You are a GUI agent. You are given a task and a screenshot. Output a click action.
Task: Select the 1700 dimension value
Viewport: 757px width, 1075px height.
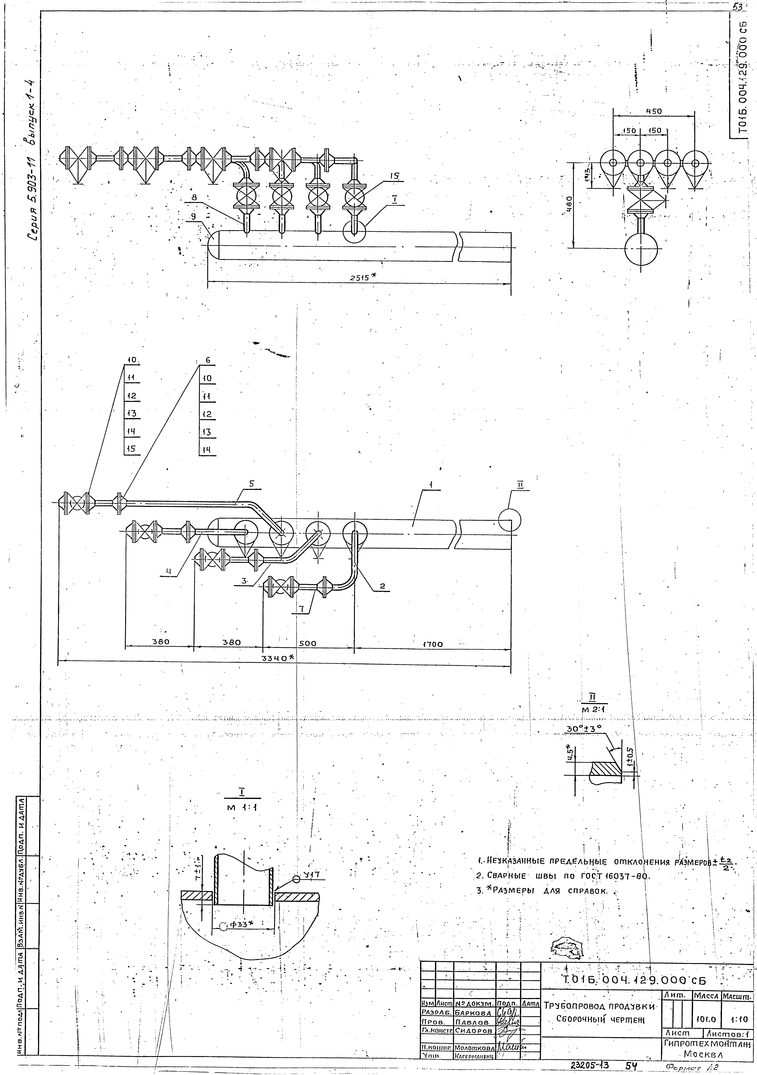[x=433, y=644]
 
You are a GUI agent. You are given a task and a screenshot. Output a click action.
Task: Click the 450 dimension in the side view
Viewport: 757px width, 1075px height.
[x=654, y=112]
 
